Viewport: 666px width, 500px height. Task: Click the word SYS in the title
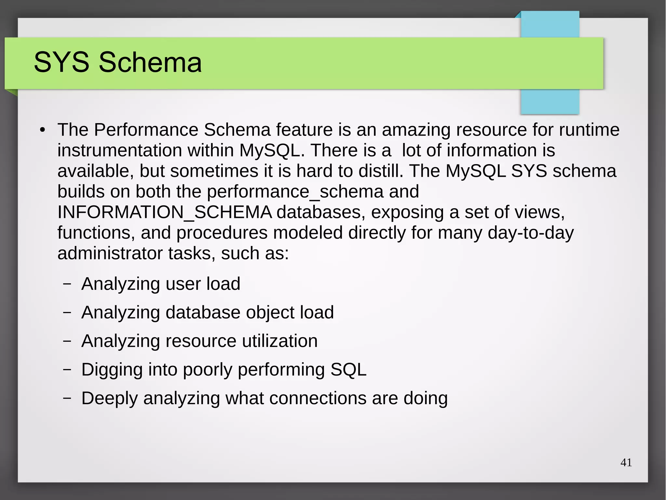point(61,62)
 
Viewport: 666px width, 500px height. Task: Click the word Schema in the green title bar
point(150,62)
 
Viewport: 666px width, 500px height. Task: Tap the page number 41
point(626,463)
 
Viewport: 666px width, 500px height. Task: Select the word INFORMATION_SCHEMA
point(165,212)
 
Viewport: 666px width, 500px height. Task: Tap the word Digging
point(112,370)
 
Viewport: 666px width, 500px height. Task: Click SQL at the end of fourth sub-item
point(348,370)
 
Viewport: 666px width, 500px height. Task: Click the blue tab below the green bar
point(550,102)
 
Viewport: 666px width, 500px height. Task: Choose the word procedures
point(222,233)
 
